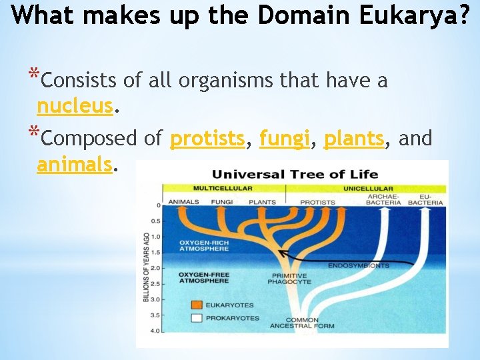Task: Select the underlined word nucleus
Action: click(75, 106)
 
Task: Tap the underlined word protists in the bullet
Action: click(207, 139)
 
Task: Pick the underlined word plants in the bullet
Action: click(353, 139)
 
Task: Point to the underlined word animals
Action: click(73, 164)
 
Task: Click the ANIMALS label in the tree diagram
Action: click(184, 202)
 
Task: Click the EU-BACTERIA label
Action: click(425, 199)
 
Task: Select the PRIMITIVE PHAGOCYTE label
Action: click(289, 279)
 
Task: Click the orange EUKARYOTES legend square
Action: click(196, 305)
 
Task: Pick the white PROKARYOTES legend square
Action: click(196, 318)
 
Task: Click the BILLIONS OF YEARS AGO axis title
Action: click(146, 267)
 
